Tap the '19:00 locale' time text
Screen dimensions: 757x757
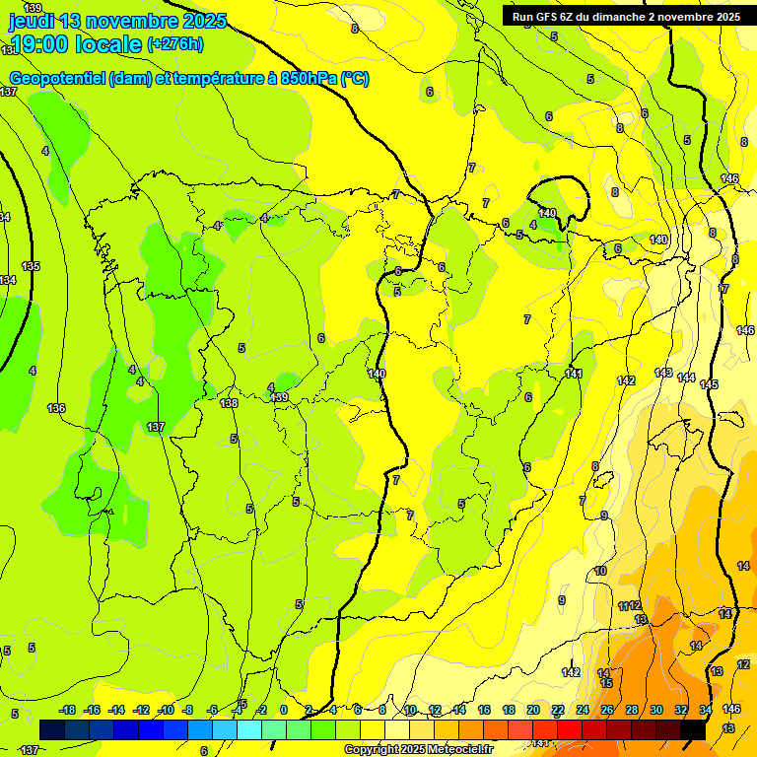pos(74,44)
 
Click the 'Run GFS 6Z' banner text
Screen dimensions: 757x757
pos(547,17)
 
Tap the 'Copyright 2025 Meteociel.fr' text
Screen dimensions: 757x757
pos(418,750)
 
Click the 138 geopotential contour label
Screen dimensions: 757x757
pos(229,404)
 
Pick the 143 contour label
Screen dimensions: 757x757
pos(663,374)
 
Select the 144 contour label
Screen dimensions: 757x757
pos(686,378)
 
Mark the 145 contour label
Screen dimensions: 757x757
pos(709,384)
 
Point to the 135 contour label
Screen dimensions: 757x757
pos(32,267)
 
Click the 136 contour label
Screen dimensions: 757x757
pos(56,408)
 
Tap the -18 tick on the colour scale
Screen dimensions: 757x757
pos(68,710)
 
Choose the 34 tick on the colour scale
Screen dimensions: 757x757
pos(707,710)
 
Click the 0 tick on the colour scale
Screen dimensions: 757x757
pos(284,710)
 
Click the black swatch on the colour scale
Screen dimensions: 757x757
pos(693,729)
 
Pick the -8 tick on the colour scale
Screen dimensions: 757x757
pos(189,710)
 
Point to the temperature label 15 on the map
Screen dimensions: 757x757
pos(606,683)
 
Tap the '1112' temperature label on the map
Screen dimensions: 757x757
pos(630,605)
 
